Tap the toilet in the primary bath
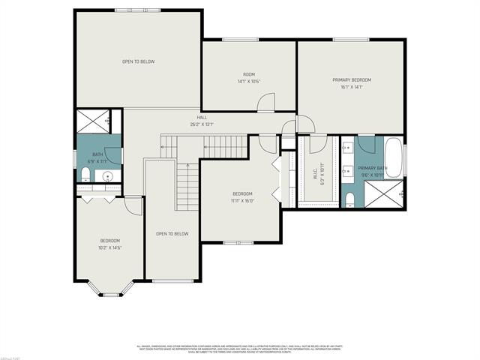tap(349, 198)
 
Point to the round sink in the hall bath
tap(109, 177)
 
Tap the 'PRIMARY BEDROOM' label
tap(352, 79)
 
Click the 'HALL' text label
tap(202, 118)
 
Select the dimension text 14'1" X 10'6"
tap(249, 80)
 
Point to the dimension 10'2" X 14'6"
tap(109, 247)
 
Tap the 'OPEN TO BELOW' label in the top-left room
tap(138, 61)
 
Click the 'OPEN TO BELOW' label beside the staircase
tap(172, 234)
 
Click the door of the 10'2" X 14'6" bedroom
tap(133, 205)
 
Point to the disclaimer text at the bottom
tap(240, 349)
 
